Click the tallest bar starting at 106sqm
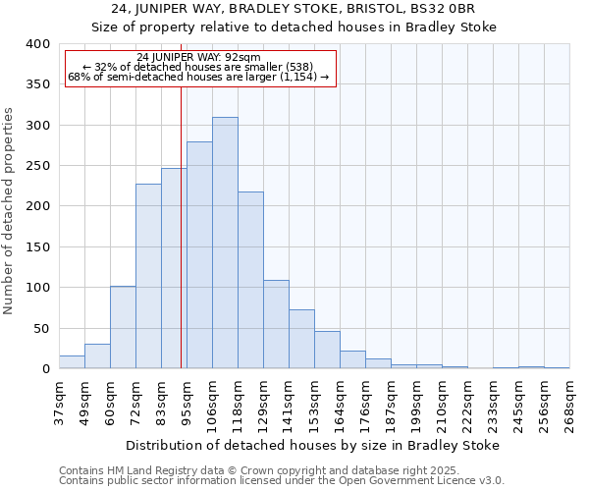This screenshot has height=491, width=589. point(225,244)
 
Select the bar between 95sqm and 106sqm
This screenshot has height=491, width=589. point(199,255)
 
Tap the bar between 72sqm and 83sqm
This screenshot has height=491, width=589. point(148,276)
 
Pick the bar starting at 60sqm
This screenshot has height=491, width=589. point(123,328)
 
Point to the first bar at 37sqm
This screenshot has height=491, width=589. point(72,362)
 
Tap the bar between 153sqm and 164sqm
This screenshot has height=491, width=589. point(327,351)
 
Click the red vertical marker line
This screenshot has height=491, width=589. point(181,226)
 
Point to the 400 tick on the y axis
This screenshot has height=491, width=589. point(37,44)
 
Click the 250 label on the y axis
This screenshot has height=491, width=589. point(37,166)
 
